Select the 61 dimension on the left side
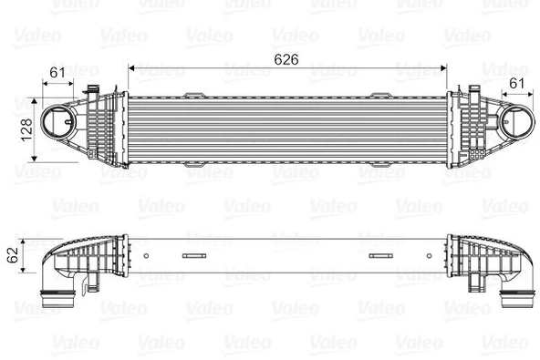click(x=57, y=72)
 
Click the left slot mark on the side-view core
click(x=194, y=255)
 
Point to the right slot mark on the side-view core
click(x=379, y=255)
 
